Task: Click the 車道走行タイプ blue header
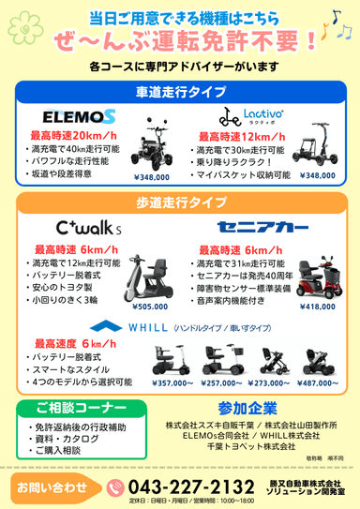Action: point(180,91)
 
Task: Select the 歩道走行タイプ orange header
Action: point(180,202)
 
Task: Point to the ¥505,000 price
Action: point(150,306)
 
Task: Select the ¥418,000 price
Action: point(318,306)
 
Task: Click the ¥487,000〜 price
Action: point(316,382)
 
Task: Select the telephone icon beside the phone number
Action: point(116,487)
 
